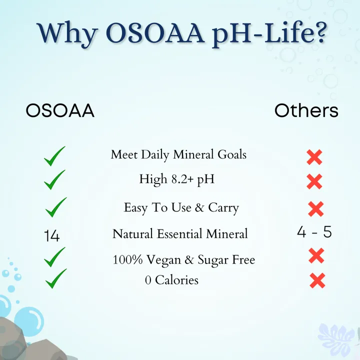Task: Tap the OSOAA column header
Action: click(60, 111)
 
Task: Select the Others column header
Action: click(306, 110)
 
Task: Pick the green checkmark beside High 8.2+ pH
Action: click(55, 180)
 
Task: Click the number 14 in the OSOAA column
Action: click(51, 235)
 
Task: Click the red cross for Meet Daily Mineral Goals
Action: click(314, 157)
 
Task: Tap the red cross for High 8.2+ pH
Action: click(314, 181)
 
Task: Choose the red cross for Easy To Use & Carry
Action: click(316, 208)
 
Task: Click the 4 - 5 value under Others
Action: click(314, 232)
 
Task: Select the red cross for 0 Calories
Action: click(317, 280)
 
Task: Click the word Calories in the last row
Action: click(176, 280)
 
